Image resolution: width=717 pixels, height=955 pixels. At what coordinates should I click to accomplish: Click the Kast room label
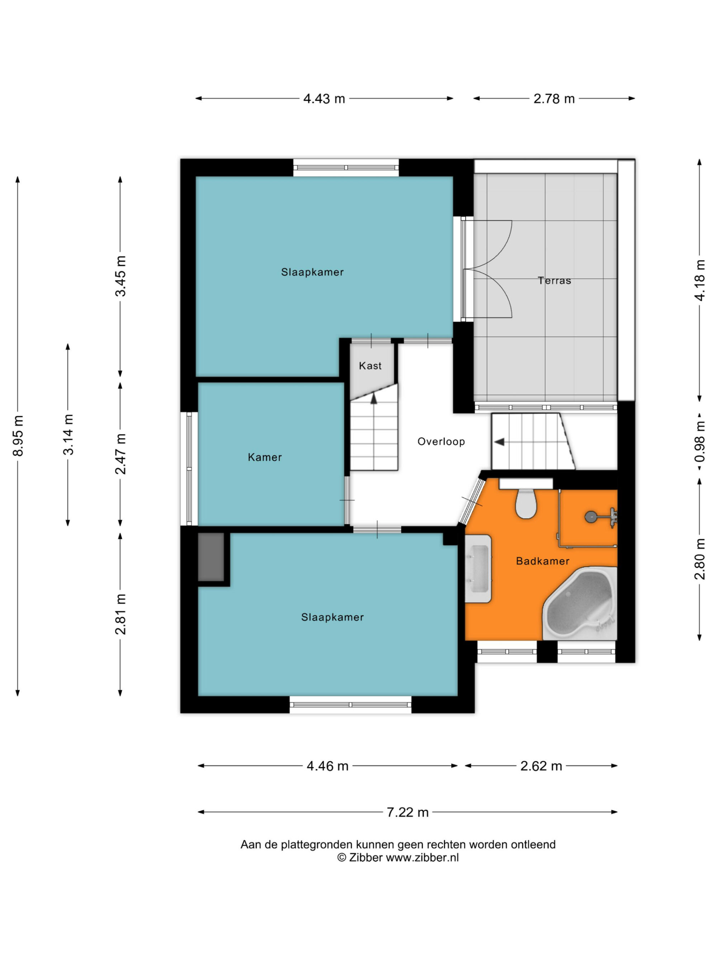point(370,366)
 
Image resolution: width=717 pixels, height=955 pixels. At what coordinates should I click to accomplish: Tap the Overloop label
point(441,441)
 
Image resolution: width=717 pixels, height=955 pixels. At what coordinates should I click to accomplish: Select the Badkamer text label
point(542,561)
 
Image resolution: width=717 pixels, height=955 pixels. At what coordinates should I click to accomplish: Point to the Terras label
point(554,281)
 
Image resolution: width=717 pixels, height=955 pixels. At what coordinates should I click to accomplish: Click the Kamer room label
point(265,457)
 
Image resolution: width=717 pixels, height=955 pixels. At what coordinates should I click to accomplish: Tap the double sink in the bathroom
point(478,569)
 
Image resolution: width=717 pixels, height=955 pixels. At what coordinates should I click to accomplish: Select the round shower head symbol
point(590,516)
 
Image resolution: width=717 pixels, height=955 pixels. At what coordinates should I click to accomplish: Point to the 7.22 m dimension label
point(407,812)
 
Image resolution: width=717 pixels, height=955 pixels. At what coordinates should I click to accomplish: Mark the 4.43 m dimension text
point(324,99)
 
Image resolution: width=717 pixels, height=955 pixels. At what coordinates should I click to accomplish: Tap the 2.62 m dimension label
point(541,766)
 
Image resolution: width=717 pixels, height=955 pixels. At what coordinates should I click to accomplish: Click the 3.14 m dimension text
point(68,434)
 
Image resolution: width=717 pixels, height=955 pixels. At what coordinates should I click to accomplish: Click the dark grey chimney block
point(211,557)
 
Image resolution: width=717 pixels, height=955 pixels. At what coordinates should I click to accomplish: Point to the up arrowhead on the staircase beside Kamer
point(374,399)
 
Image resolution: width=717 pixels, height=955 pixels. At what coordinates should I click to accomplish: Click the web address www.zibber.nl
point(422,858)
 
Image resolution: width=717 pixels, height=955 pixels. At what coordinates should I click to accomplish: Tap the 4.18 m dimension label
point(699,280)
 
